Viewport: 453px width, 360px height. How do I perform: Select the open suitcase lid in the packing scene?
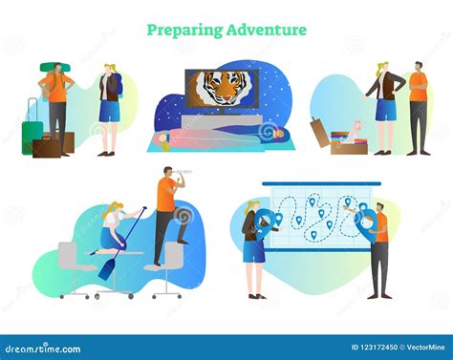[321, 133]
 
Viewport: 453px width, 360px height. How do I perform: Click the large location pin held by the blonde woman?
[260, 227]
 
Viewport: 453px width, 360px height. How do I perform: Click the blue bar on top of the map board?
[321, 183]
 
